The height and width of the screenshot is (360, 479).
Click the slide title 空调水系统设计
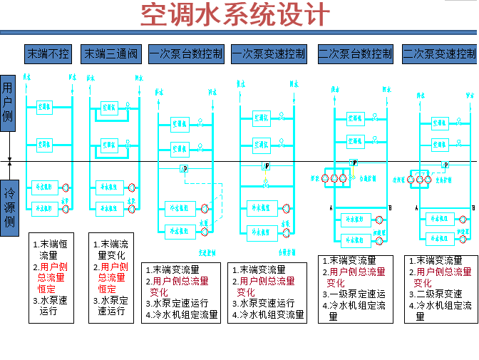point(235,15)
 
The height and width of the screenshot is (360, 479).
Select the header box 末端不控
point(48,53)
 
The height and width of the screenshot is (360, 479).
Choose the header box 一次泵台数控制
point(186,53)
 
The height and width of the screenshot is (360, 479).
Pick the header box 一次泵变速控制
point(269,53)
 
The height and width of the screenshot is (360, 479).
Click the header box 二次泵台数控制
point(355,53)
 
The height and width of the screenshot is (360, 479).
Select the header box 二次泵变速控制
point(439,53)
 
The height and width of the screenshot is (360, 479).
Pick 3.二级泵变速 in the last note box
point(436,294)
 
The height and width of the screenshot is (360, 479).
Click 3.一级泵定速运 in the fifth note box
point(354,294)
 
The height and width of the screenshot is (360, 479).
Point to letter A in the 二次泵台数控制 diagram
point(331,208)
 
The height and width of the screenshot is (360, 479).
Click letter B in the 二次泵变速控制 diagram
point(473,208)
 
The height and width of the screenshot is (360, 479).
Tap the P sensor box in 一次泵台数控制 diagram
point(184,169)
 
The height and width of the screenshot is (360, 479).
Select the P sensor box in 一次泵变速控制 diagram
point(266,166)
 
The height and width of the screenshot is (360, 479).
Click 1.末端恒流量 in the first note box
point(53,249)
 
